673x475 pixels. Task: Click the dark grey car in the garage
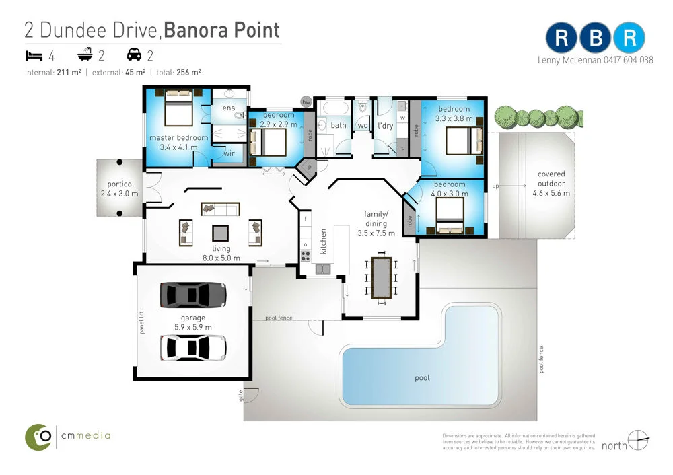[x=193, y=295]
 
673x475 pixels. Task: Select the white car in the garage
[x=193, y=348]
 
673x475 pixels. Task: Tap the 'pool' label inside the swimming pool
[x=422, y=378]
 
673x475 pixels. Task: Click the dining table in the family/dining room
[x=381, y=278]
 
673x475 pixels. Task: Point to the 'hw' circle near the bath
[x=306, y=102]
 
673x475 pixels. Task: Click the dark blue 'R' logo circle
[x=561, y=38]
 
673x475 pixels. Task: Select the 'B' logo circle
[x=596, y=38]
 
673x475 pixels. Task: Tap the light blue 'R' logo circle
[x=629, y=38]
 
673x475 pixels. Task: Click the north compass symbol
[x=638, y=440]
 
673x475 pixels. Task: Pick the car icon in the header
[x=135, y=54]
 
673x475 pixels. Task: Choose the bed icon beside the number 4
[x=34, y=55]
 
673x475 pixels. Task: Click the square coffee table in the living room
[x=220, y=233]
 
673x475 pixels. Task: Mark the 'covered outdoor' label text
[x=551, y=178]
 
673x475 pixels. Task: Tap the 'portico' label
[x=119, y=184]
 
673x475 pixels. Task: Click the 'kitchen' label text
[x=323, y=241]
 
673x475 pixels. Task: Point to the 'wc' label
[x=363, y=125]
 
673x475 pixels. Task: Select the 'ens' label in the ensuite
[x=228, y=108]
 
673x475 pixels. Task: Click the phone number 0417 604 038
[x=629, y=60]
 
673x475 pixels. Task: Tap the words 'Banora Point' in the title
[x=221, y=30]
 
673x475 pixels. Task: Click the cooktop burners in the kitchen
[x=305, y=256]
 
